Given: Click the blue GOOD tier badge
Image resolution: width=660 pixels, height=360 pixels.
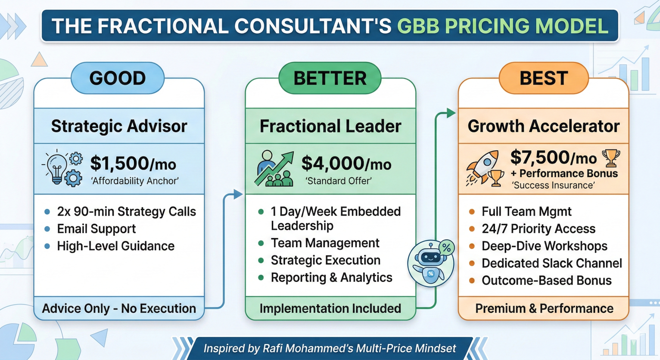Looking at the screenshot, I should coord(118,78).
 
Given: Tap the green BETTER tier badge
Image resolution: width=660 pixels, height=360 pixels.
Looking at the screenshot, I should coord(330,78).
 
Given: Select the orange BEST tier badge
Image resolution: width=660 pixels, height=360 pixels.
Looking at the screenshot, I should coord(543,78).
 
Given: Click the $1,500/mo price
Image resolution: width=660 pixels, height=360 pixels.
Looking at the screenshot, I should coord(133,163).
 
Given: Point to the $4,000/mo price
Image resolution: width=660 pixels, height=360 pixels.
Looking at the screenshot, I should coord(346,163).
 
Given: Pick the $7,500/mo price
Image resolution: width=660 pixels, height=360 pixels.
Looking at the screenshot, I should coord(553,157).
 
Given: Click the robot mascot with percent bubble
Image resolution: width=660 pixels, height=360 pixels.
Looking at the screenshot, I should coord(431,263).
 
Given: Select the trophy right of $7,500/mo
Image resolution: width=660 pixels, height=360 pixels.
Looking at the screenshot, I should coord(611,157).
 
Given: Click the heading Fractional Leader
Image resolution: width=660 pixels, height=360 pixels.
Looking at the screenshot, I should coord(330,126).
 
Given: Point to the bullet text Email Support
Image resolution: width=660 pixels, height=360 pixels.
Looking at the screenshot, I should coord(96,229).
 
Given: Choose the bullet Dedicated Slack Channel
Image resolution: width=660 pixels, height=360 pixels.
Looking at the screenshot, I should coord(552,263).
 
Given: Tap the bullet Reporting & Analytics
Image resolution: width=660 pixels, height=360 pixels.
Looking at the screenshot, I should coord(331,277).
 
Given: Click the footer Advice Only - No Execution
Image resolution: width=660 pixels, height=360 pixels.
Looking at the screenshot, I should coord(119,308).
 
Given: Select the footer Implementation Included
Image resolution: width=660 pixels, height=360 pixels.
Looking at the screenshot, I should coord(330,308).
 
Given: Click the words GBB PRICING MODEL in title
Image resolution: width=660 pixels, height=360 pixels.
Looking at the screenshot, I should coord(503,26).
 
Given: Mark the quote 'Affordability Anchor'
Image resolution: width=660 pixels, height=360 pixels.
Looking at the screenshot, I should coord(135,181).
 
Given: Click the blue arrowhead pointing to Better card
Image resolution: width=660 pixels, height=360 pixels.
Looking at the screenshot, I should coord(238,194).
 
